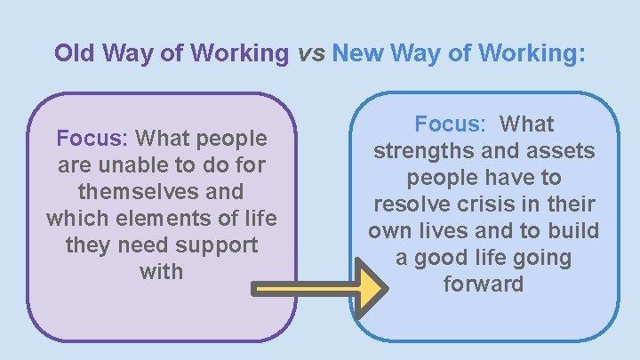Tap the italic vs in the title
(x=310, y=53)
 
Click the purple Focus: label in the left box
(x=93, y=139)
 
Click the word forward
(x=484, y=284)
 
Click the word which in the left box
(x=75, y=219)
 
